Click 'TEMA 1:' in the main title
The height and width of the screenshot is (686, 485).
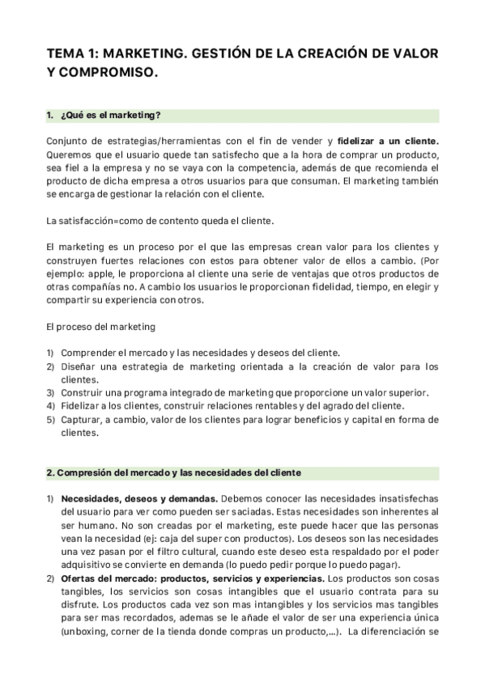[x=74, y=53]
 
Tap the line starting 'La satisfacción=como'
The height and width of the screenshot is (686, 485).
[x=160, y=220]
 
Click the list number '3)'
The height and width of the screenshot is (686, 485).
[x=49, y=393]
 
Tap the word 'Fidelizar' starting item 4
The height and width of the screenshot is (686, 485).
[x=82, y=406]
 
